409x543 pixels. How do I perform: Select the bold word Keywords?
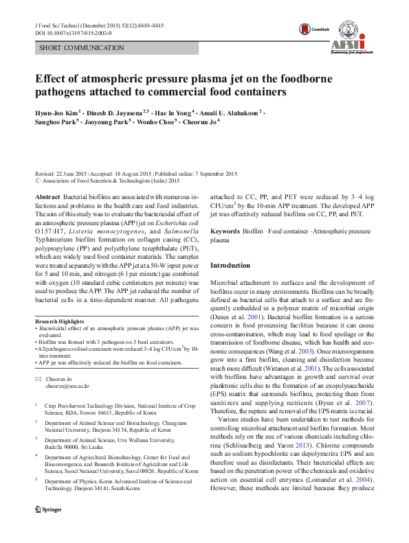tap(225, 232)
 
